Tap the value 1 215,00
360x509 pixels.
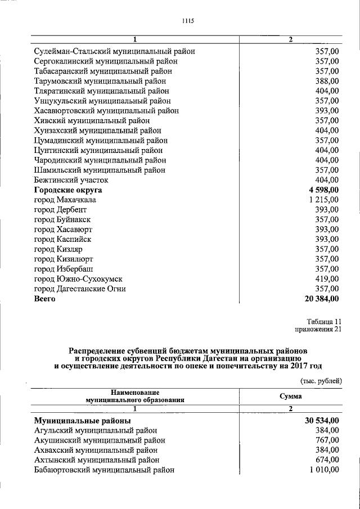pos(323,200)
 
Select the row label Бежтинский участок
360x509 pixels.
pos(71,180)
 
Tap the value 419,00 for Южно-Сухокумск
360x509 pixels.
pos(327,279)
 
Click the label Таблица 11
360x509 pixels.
pos(323,320)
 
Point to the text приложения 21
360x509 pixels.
pos(318,330)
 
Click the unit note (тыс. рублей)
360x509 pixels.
pos(320,381)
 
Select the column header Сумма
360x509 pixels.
pos(291,396)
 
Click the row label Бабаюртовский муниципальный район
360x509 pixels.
pos(104,470)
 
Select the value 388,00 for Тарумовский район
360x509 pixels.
pos(327,81)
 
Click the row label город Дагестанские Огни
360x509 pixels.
pos(79,289)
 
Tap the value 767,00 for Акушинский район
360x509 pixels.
pos(327,440)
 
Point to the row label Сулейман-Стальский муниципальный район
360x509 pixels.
pos(114,51)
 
